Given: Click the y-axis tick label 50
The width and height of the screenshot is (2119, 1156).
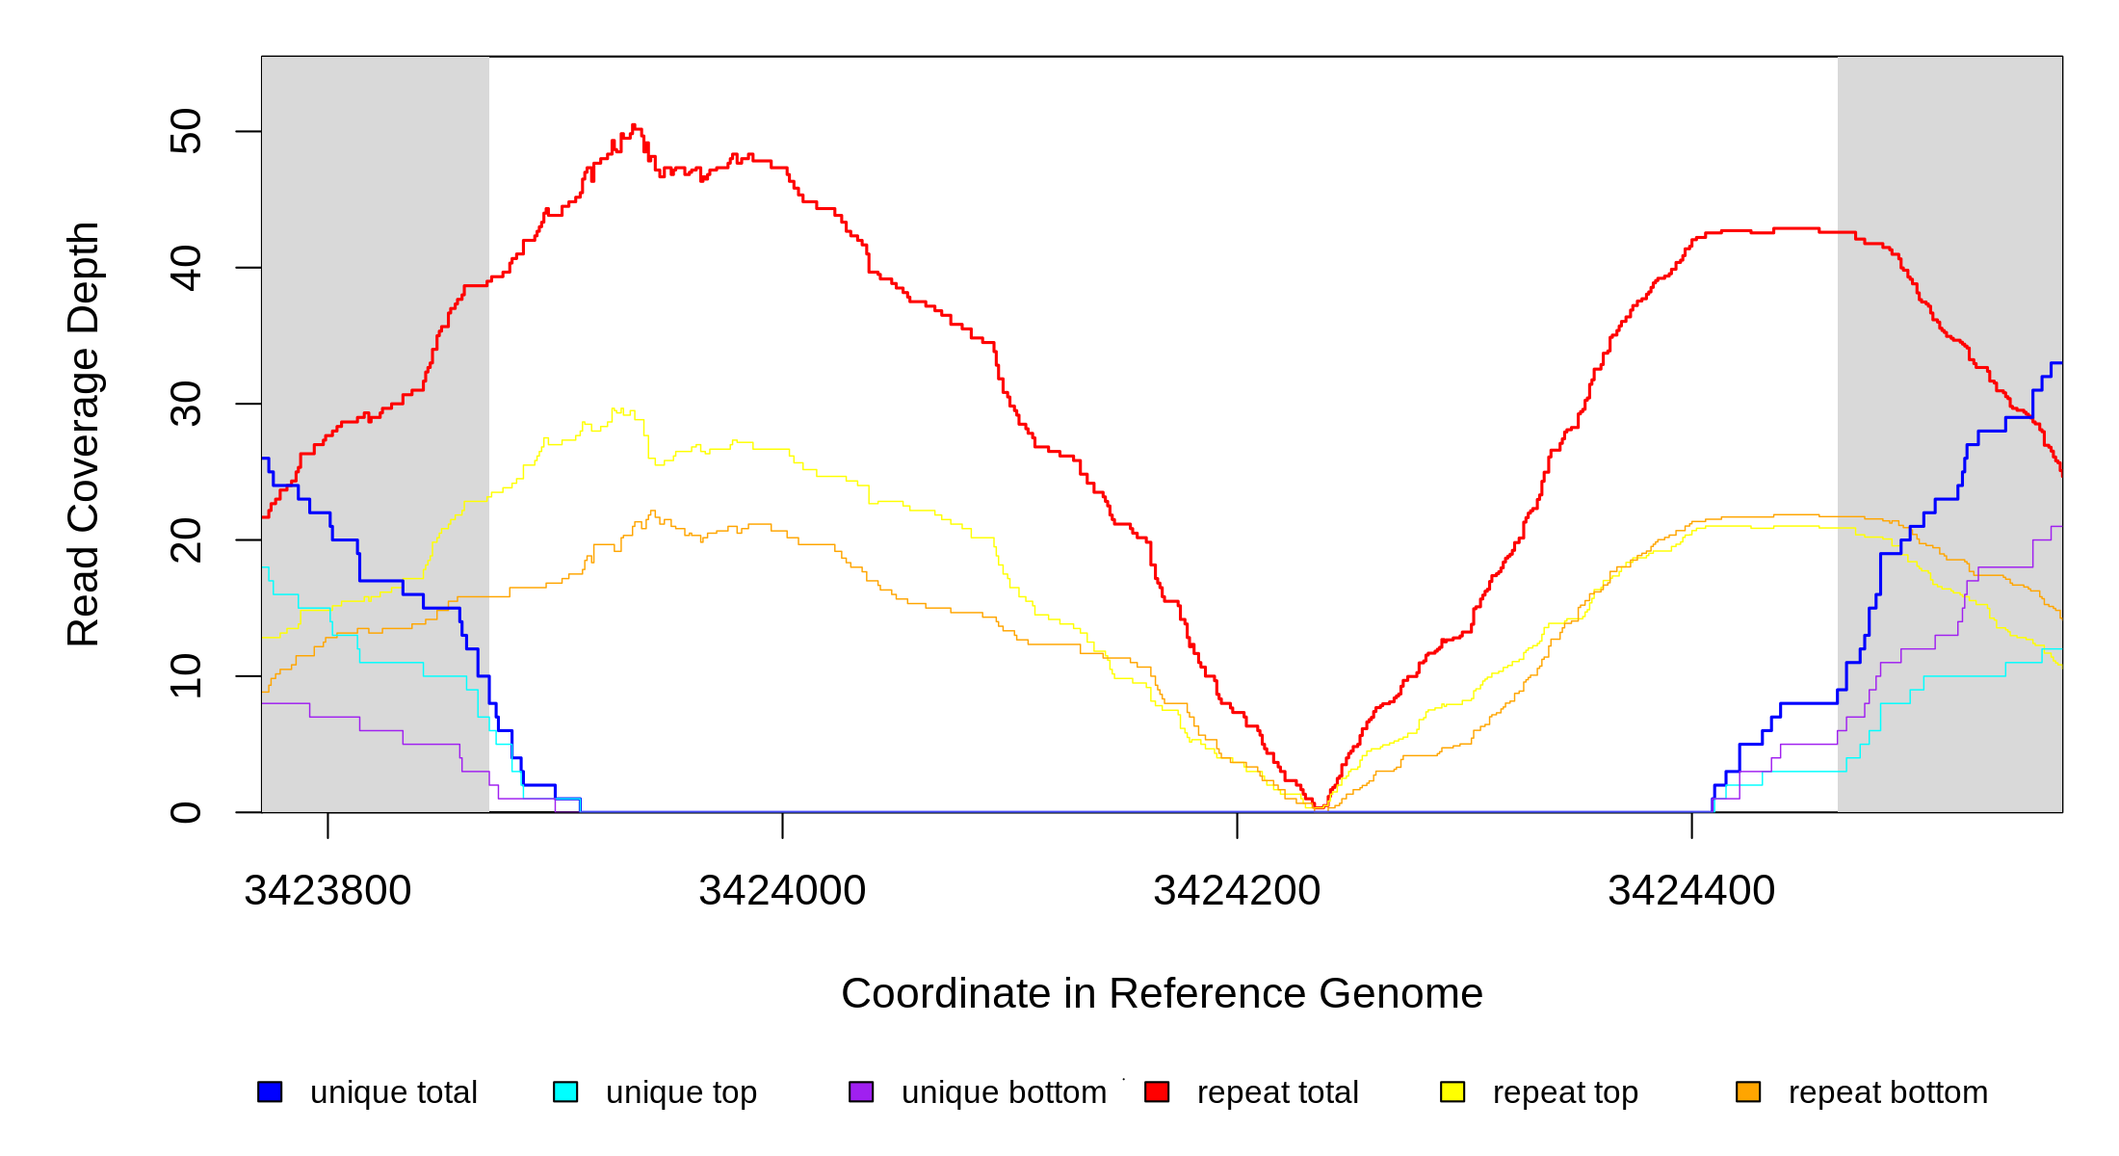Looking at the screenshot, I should [x=186, y=131].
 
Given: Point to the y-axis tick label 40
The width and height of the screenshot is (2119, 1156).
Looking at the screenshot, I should [x=186, y=268].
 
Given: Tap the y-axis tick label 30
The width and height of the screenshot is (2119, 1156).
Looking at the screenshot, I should [x=186, y=404].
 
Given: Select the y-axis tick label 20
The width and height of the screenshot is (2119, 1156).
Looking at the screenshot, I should [x=186, y=539].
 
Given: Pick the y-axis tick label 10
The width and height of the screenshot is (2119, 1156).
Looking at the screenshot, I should [x=186, y=675].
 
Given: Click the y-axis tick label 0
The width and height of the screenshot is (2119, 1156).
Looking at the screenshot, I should [x=186, y=812].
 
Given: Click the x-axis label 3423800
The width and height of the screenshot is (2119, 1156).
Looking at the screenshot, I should [x=327, y=891].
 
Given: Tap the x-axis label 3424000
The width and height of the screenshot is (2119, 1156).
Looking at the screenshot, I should [x=782, y=891].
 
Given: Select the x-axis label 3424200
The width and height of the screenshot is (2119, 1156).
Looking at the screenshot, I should [x=1237, y=891].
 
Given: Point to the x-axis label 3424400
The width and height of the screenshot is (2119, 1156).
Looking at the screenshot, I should [x=1691, y=891].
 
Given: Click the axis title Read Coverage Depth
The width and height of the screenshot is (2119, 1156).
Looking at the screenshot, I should [x=84, y=433].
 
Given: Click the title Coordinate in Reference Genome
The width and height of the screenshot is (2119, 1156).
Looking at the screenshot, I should [x=1162, y=993].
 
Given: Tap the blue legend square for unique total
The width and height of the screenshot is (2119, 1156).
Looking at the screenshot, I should [x=270, y=1091].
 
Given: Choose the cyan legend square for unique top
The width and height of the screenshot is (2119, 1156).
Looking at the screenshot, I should [x=565, y=1091].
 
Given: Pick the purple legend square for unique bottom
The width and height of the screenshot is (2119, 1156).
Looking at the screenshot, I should [x=861, y=1091].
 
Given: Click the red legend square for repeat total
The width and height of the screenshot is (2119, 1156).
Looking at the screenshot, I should [x=1157, y=1091].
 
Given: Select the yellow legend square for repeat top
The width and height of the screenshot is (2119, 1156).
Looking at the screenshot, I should [x=1452, y=1091].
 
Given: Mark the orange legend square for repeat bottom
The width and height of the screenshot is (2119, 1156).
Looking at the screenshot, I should [x=1748, y=1091].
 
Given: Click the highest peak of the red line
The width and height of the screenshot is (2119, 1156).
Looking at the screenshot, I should [x=633, y=125].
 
